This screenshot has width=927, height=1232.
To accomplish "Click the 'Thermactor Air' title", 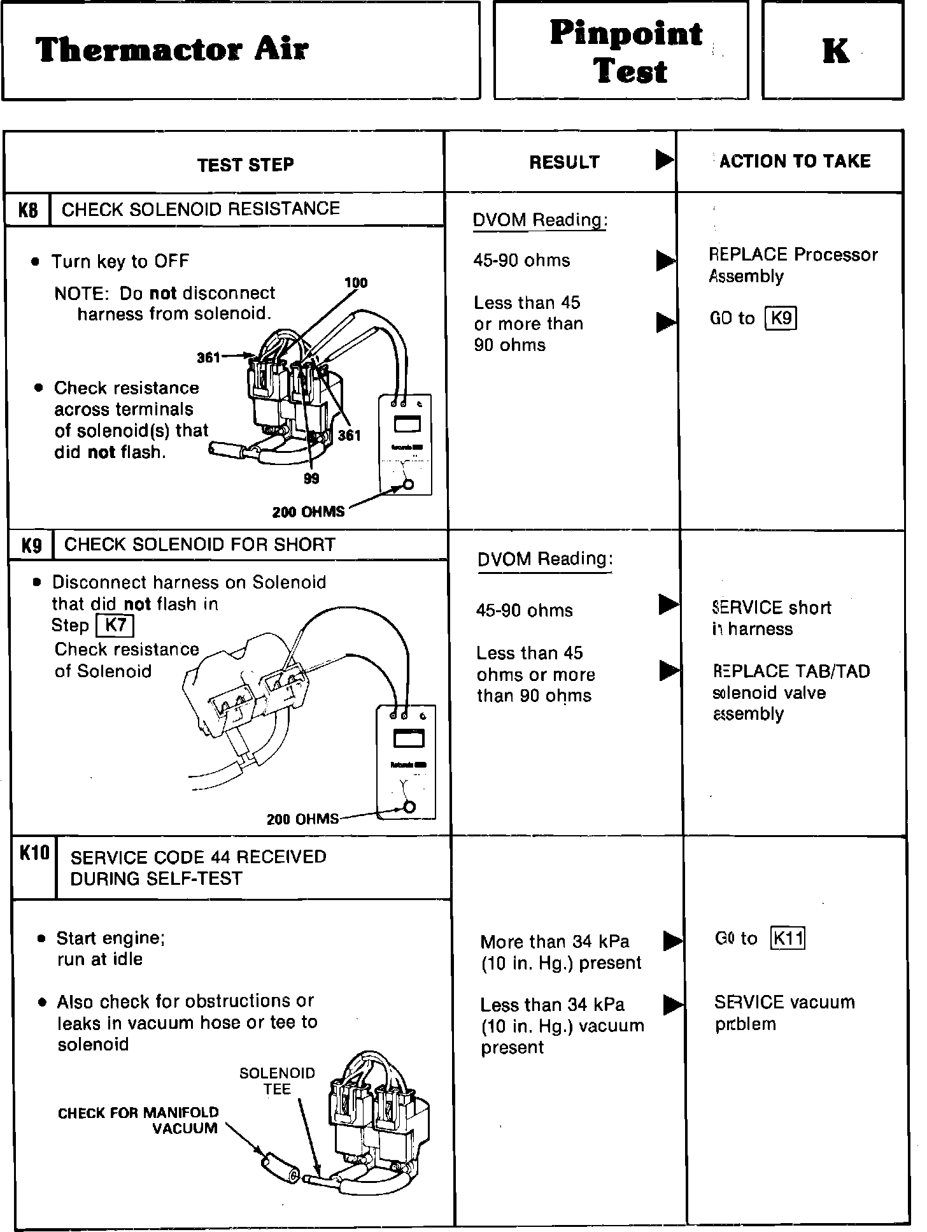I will (x=172, y=50).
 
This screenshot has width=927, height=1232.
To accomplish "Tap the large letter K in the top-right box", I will (x=835, y=51).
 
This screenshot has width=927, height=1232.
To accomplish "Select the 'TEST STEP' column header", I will (x=245, y=165).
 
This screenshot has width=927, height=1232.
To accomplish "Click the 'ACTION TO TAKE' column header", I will (x=795, y=162).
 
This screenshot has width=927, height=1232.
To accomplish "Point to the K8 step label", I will (x=27, y=210).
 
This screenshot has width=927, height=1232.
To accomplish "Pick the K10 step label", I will (x=34, y=853).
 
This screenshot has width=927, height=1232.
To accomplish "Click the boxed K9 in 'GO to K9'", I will (x=781, y=318).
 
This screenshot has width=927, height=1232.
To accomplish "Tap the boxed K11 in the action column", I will (x=788, y=938).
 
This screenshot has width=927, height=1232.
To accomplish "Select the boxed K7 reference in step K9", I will (x=115, y=626).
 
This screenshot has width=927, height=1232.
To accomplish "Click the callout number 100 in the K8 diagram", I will (x=356, y=283).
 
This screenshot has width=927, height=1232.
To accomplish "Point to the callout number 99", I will (x=311, y=478).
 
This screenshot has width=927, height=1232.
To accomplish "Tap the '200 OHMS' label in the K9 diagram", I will (x=303, y=819).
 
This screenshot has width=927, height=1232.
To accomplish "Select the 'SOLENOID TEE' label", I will (x=277, y=1081).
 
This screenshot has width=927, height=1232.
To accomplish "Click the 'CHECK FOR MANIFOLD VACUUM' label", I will (x=138, y=1121).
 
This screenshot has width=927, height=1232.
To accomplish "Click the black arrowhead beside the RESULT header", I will (x=664, y=160).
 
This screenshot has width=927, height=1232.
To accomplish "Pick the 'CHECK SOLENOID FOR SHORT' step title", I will (x=200, y=545).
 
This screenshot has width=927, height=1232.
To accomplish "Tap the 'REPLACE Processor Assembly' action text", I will (x=793, y=265).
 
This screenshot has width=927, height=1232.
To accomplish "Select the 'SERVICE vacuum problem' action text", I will (x=784, y=1013).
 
